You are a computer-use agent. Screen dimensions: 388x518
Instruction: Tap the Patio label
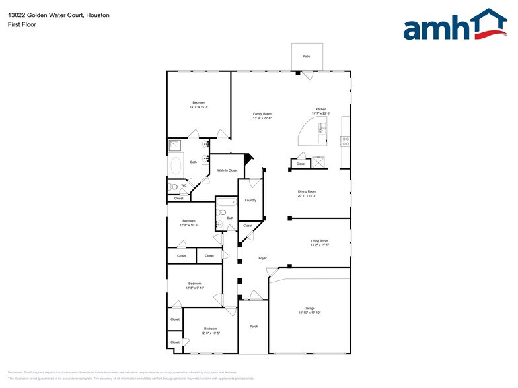(307, 57)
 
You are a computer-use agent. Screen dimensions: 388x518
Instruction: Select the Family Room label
(262, 114)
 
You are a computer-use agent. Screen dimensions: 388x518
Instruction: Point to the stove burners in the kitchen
(345, 140)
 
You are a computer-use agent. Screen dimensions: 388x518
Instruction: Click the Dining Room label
(307, 191)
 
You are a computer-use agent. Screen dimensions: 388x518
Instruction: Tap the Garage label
(309, 308)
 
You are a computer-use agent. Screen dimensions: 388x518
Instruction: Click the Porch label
(254, 327)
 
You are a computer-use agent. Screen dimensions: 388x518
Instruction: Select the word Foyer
(262, 258)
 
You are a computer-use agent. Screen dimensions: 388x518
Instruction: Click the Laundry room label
(250, 200)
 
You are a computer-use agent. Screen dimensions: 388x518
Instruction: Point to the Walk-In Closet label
(227, 170)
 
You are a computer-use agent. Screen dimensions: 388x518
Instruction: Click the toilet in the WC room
(173, 187)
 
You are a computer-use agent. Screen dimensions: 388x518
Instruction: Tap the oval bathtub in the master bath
(176, 166)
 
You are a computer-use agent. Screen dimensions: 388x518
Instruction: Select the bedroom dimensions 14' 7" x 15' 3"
(199, 107)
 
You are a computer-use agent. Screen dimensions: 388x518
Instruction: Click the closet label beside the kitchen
(301, 164)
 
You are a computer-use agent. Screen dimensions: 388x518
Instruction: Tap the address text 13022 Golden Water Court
(44, 15)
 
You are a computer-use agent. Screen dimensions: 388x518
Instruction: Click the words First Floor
(22, 24)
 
